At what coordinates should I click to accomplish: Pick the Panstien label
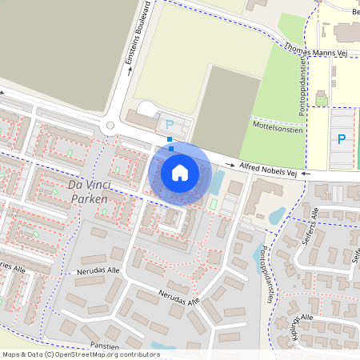coord(105,346)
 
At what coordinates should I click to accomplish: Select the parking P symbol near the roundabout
coord(169,124)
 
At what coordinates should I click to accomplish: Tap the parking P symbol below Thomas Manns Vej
coord(342,139)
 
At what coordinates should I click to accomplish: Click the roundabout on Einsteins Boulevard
coord(110,125)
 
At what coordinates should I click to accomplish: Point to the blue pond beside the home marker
coord(216,182)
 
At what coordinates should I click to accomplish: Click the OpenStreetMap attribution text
coord(80,354)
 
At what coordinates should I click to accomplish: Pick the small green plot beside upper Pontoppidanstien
coord(322,98)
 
